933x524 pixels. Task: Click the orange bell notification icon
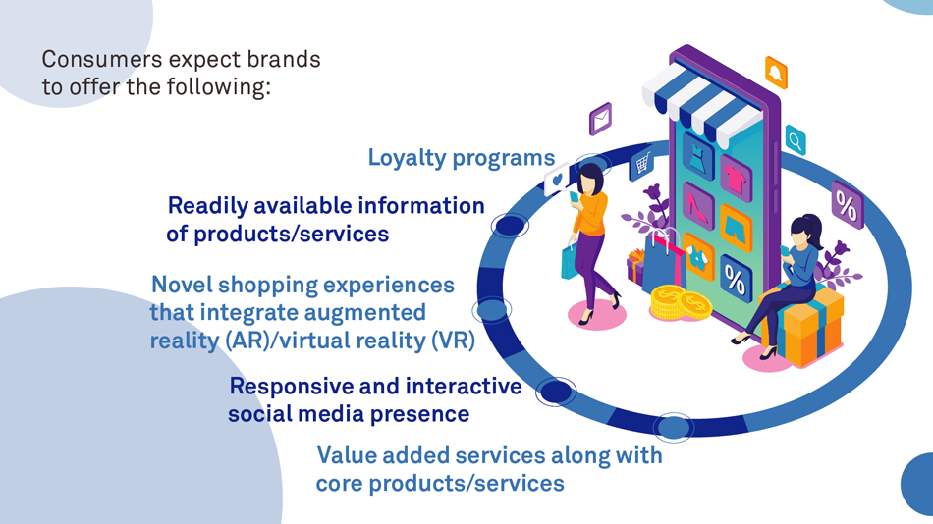pyautogui.click(x=776, y=73)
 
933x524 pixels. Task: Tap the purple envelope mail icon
pyautogui.click(x=600, y=120)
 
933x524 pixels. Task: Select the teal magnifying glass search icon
pyautogui.click(x=795, y=142)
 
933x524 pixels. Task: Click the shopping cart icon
pyautogui.click(x=642, y=164)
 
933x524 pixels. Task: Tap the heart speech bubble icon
pyautogui.click(x=557, y=181)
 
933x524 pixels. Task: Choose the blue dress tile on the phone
pyautogui.click(x=698, y=157)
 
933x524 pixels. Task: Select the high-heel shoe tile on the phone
pyautogui.click(x=698, y=205)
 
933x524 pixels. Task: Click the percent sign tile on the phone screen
pyautogui.click(x=735, y=279)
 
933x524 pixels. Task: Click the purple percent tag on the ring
pyautogui.click(x=846, y=205)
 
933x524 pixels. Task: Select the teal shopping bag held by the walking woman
pyautogui.click(x=569, y=261)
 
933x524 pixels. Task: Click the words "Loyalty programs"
pyautogui.click(x=461, y=157)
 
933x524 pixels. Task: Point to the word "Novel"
pyautogui.click(x=181, y=286)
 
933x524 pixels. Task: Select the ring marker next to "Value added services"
pyautogui.click(x=673, y=427)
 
